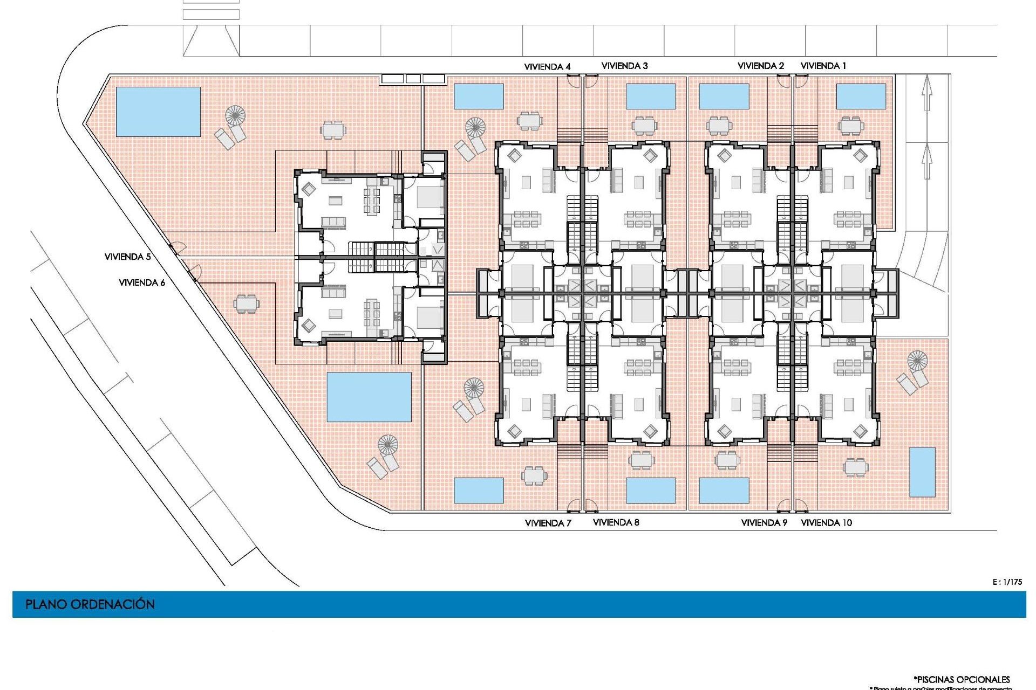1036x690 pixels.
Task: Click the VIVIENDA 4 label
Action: click(547, 67)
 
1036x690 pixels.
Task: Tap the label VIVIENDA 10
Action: click(826, 522)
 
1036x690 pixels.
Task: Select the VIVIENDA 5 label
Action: click(127, 257)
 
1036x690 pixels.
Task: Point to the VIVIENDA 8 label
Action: click(616, 522)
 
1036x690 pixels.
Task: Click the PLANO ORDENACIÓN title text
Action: click(90, 604)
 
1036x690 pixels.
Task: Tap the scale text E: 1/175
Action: click(1007, 582)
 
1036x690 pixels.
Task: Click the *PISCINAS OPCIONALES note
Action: click(962, 679)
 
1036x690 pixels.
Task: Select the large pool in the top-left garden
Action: click(158, 112)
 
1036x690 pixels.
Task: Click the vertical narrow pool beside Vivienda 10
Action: click(922, 472)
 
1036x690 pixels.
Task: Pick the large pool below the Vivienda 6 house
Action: click(369, 397)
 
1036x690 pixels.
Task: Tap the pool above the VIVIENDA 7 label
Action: click(479, 490)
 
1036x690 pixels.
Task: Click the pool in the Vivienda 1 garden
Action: click(861, 96)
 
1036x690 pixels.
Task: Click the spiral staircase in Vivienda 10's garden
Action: click(917, 360)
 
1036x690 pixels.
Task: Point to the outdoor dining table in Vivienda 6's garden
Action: click(246, 303)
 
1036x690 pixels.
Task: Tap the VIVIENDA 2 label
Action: click(761, 66)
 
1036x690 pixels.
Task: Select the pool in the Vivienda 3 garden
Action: click(651, 96)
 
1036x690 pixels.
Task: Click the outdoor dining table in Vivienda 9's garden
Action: click(726, 460)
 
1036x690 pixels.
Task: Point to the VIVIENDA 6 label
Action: click(142, 282)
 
